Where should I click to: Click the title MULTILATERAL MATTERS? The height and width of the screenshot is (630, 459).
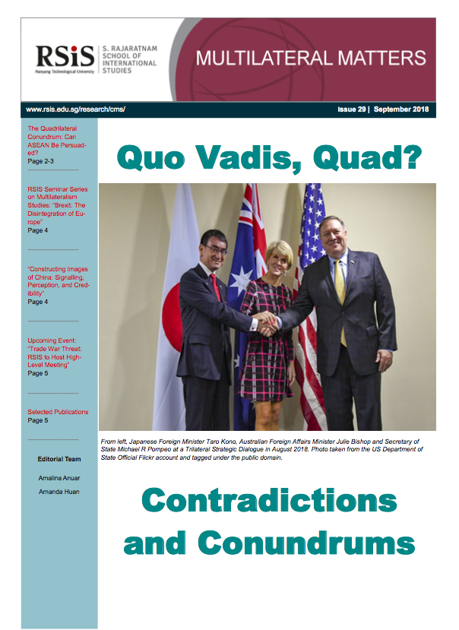coord(311,58)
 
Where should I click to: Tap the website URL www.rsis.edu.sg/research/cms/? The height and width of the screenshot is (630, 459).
coord(74,109)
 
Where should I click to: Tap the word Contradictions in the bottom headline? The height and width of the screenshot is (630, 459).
coord(269,500)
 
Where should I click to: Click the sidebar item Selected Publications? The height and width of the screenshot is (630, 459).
coord(58,412)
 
